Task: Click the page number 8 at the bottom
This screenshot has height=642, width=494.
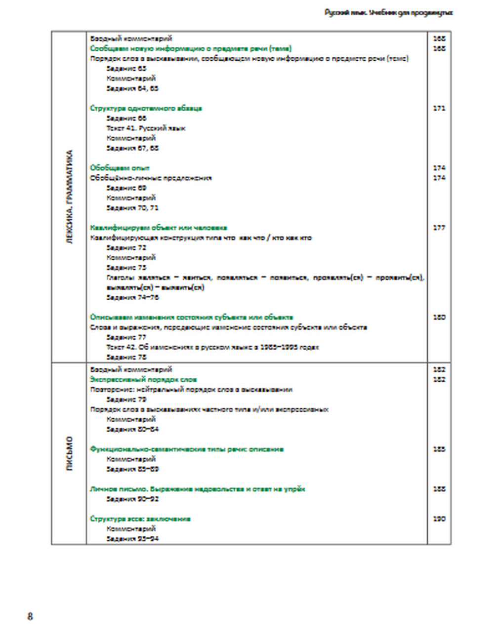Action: (x=30, y=616)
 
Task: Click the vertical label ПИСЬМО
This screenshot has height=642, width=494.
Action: (x=69, y=453)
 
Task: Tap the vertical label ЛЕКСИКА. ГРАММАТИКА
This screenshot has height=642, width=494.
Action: (x=69, y=198)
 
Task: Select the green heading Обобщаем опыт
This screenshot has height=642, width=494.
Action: (x=120, y=168)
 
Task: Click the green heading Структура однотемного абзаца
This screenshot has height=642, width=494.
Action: (x=146, y=108)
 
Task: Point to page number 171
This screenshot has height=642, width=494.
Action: (x=439, y=108)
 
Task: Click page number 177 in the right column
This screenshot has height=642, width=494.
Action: (x=439, y=228)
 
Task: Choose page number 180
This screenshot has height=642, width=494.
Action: (x=439, y=317)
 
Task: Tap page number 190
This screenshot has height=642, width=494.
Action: (x=439, y=519)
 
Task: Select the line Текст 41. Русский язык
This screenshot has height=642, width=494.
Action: (x=146, y=128)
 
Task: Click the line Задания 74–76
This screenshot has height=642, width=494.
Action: (x=132, y=297)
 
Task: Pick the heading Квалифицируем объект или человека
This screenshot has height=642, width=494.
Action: (x=159, y=228)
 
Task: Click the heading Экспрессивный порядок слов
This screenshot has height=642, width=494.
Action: (x=143, y=379)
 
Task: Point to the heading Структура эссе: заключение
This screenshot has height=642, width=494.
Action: (x=140, y=519)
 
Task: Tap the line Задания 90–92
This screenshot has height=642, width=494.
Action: (x=132, y=499)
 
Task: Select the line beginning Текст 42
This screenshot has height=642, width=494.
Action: (x=212, y=347)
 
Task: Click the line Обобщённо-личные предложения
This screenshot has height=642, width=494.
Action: (x=151, y=178)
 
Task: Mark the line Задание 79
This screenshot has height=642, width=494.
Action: (x=126, y=399)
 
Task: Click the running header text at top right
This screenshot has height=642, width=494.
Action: (x=388, y=13)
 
